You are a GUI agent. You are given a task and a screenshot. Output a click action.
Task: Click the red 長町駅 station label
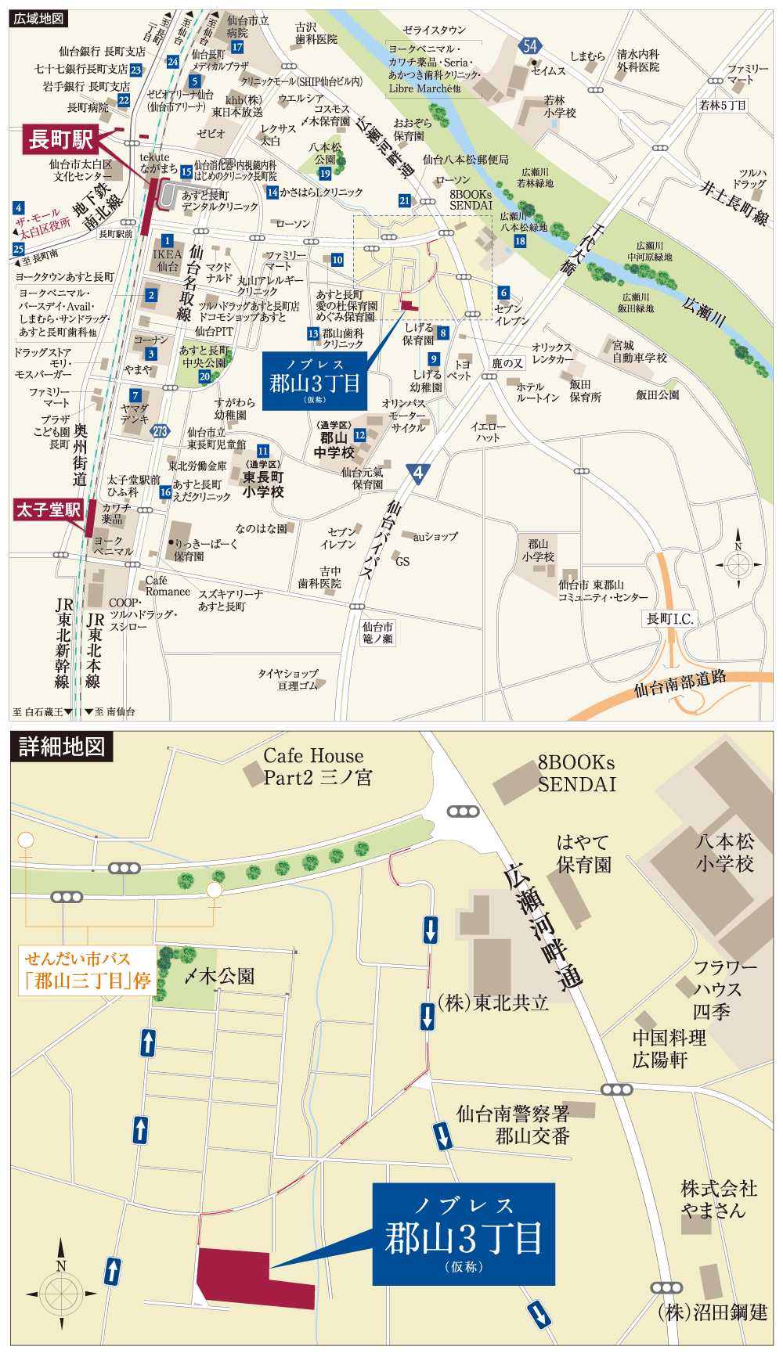pyautogui.click(x=62, y=140)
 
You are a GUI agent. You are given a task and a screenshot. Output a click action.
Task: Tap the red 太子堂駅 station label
pyautogui.click(x=49, y=510)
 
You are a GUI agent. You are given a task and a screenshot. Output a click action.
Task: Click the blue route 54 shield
pyautogui.click(x=530, y=45)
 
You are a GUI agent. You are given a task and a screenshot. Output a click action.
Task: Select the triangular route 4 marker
pyautogui.click(x=418, y=473)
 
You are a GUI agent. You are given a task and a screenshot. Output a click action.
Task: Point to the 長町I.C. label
pyautogui.click(x=669, y=619)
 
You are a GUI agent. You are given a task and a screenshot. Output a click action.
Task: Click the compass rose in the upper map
pyautogui.click(x=738, y=563)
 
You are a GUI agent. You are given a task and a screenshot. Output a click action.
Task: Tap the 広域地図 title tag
pyautogui.click(x=38, y=18)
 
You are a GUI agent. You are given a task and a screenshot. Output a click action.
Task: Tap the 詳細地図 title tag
pyautogui.click(x=62, y=747)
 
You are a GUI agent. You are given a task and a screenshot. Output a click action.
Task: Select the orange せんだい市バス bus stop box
pyautogui.click(x=87, y=970)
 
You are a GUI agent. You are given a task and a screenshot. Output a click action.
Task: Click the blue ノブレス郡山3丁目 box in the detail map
pyautogui.click(x=464, y=1234)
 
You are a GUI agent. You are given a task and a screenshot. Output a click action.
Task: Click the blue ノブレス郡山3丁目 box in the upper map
pyautogui.click(x=314, y=381)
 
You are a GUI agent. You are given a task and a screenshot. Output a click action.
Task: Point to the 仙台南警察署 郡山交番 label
pyautogui.click(x=514, y=1125)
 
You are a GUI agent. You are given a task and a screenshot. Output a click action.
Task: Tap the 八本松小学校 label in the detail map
pyautogui.click(x=725, y=852)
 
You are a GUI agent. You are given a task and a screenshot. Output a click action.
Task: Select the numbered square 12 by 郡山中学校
pyautogui.click(x=360, y=435)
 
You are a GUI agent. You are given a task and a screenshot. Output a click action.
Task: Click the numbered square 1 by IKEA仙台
pyautogui.click(x=167, y=241)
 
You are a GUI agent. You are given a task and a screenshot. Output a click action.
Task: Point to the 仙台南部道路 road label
pyautogui.click(x=680, y=683)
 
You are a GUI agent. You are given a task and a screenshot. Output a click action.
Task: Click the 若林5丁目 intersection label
pyautogui.click(x=723, y=105)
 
